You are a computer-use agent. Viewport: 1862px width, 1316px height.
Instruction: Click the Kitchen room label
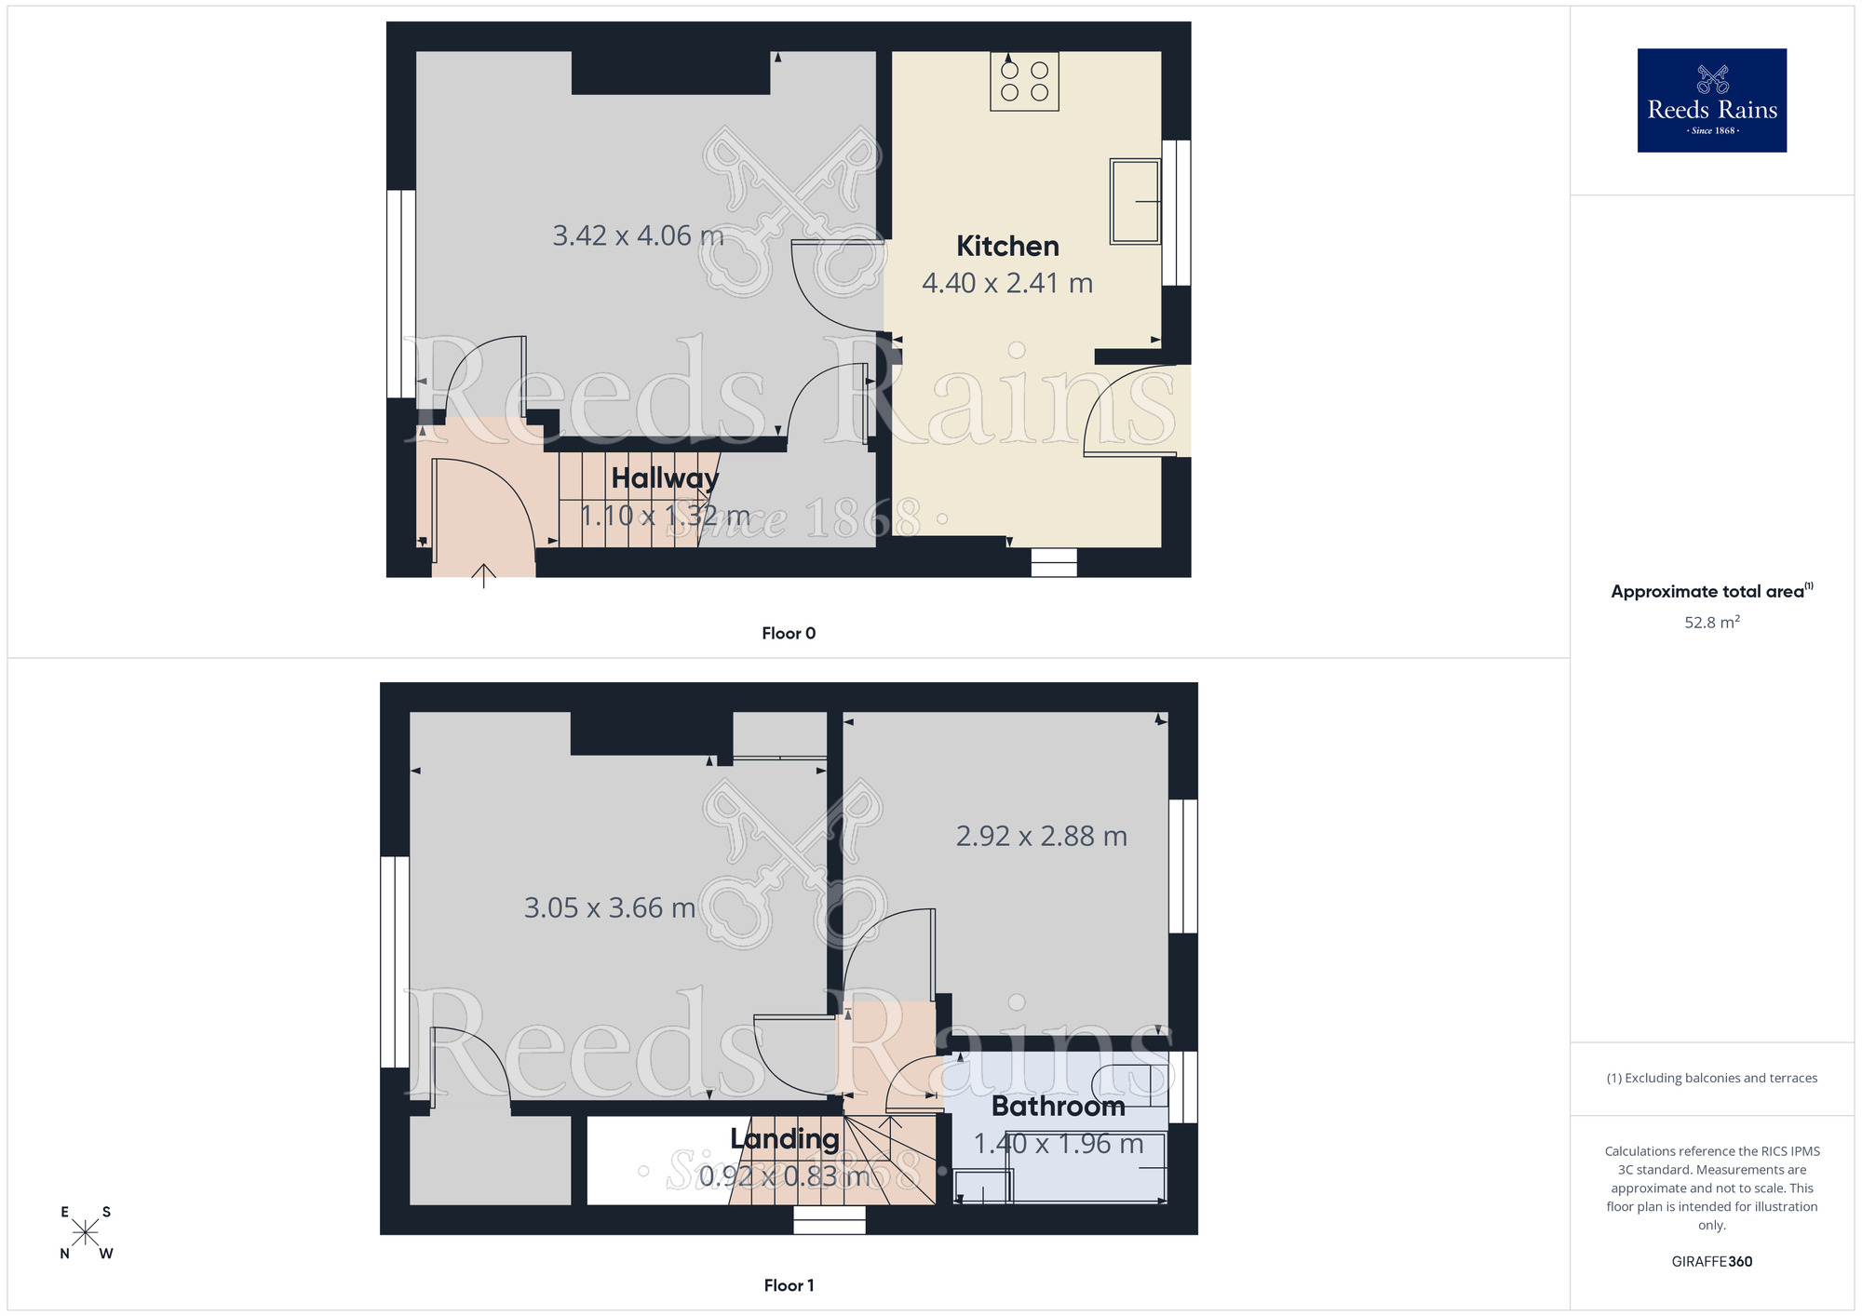coord(1007,246)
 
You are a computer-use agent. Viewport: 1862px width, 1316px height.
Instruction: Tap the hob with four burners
coord(1024,82)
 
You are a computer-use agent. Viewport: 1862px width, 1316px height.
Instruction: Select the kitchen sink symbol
coord(1135,201)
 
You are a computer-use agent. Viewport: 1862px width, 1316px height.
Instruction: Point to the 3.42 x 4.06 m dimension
coord(638,235)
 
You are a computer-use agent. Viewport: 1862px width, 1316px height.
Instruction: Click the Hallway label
coord(665,478)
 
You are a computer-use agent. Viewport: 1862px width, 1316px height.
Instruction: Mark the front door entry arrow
coord(483,575)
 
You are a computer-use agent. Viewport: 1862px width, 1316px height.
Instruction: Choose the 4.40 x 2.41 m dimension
coord(1007,283)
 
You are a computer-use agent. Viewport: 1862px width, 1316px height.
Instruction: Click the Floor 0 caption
coord(789,633)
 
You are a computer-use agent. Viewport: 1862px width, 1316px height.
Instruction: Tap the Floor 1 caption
coord(789,1285)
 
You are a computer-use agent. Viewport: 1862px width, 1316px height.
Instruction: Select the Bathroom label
coord(1058,1106)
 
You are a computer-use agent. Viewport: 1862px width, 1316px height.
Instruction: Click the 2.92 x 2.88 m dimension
coord(1041,836)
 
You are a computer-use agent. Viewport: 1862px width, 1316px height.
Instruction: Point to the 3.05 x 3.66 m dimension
coord(609,907)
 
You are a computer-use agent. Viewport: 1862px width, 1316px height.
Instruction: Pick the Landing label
coord(784,1138)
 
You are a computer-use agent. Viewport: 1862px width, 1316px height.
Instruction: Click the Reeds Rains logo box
coord(1711,101)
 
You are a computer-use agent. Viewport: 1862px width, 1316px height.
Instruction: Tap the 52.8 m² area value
coord(1711,622)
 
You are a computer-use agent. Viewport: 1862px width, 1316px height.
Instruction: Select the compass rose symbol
coord(86,1232)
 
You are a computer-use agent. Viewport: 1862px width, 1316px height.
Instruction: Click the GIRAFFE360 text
coord(1711,1261)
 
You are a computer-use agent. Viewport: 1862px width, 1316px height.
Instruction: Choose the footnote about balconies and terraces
coord(1711,1078)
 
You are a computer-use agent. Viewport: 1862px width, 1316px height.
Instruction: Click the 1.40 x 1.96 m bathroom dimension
coord(1058,1144)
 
